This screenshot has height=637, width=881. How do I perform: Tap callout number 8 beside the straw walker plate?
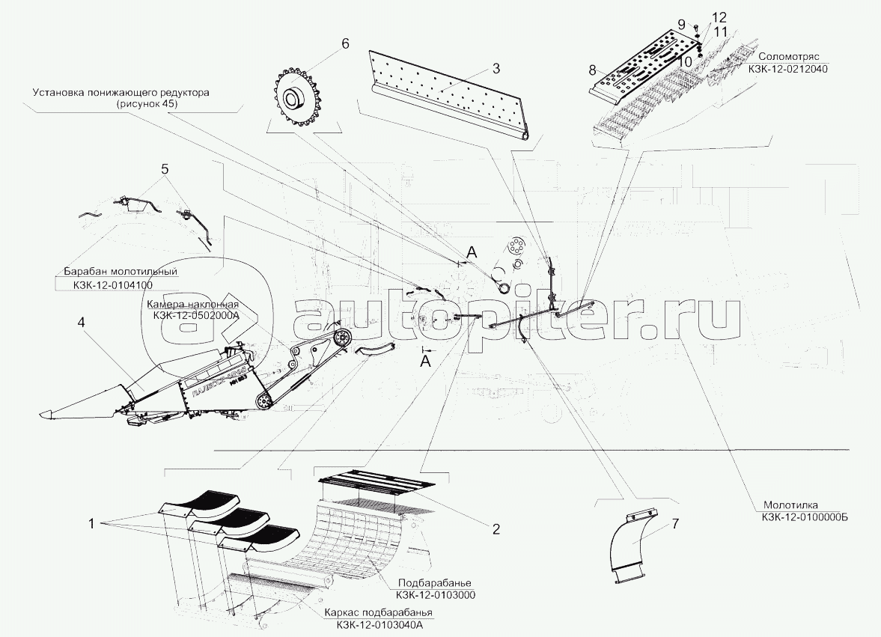pyautogui.click(x=592, y=70)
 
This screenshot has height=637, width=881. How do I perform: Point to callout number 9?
pyautogui.click(x=681, y=23)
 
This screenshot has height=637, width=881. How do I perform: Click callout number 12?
pyautogui.click(x=698, y=17)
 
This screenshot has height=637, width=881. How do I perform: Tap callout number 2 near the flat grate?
pyautogui.click(x=495, y=528)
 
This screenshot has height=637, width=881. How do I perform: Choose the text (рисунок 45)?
pyautogui.click(x=147, y=105)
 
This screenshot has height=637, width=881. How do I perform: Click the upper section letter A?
pyautogui.click(x=470, y=253)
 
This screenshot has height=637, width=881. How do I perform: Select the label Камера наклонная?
pyautogui.click(x=192, y=305)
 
